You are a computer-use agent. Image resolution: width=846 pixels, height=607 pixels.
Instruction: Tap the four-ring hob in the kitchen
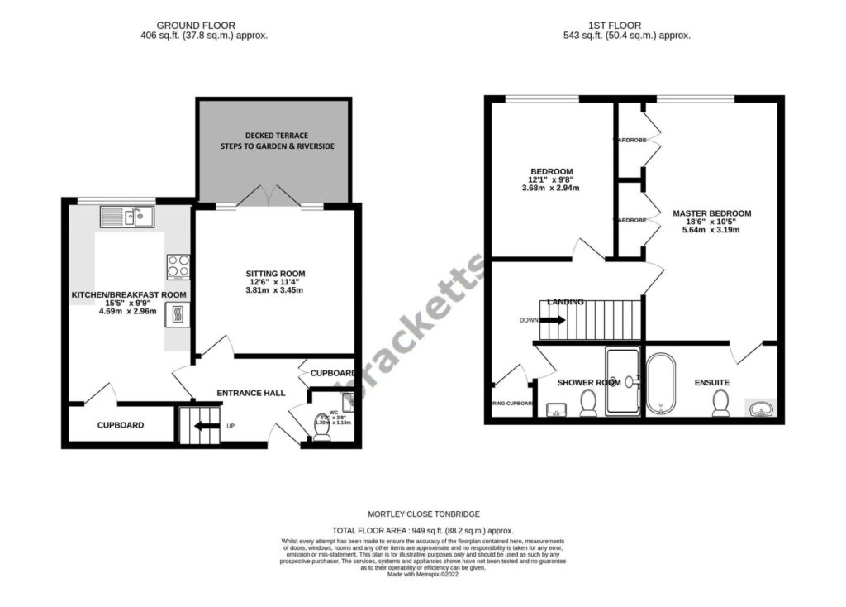178,266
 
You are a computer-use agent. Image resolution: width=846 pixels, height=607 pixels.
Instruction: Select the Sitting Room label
275,274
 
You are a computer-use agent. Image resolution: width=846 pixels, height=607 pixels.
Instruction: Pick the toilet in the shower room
588,403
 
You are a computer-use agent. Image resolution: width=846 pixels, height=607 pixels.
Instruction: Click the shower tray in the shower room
622,381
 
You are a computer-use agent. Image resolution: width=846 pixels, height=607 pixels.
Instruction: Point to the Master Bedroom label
711,213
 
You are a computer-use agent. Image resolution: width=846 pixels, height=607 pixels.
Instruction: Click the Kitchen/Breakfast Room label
128,294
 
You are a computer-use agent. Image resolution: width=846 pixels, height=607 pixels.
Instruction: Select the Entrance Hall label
250,393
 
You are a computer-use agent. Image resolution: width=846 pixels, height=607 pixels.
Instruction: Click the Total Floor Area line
423,530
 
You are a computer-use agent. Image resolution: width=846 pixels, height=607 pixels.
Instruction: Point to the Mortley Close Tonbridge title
423,514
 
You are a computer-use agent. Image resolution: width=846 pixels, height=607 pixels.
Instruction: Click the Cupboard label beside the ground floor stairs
121,425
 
